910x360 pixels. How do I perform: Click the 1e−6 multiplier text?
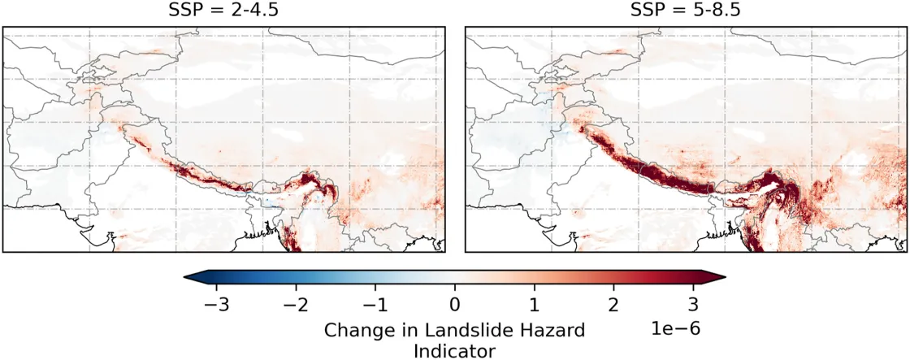pyautogui.click(x=673, y=329)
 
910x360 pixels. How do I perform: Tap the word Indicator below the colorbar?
pyautogui.click(x=454, y=351)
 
